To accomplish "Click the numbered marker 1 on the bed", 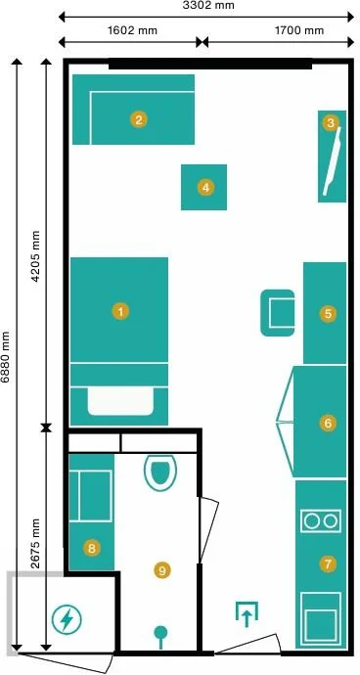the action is [x=120, y=311].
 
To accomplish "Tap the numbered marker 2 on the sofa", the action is [x=138, y=119].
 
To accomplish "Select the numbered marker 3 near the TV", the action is [x=331, y=123].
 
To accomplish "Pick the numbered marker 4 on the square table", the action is [x=205, y=188].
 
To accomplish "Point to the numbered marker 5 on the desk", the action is [x=328, y=314].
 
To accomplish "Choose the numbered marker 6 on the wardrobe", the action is [x=328, y=423].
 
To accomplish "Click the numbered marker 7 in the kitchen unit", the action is [x=328, y=563].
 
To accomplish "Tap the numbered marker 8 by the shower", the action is [x=92, y=548].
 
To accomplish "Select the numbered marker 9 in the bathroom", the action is [x=162, y=570].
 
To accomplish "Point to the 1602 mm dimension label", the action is [x=131, y=30].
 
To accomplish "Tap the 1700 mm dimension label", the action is [x=299, y=30].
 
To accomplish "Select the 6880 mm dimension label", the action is [x=6, y=356].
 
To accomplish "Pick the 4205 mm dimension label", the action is [x=35, y=256].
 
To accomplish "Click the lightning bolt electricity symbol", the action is [x=67, y=619].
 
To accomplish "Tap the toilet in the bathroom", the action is [x=159, y=472].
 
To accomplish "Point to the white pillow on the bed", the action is [x=120, y=401].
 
